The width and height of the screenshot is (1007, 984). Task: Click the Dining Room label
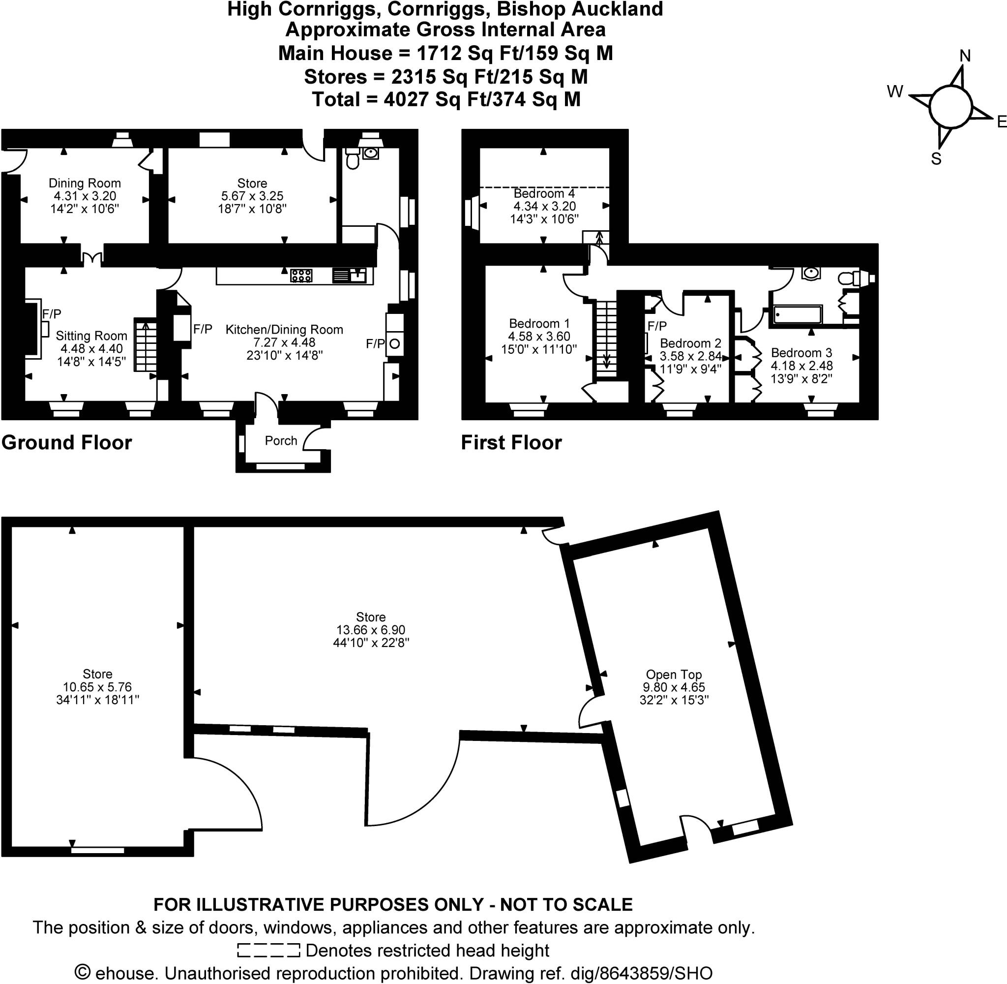point(85,183)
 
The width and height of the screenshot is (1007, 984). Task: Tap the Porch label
point(281,441)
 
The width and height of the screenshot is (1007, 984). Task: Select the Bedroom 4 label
point(544,193)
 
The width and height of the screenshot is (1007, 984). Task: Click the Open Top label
point(674,675)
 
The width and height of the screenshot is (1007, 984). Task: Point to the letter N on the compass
point(965,56)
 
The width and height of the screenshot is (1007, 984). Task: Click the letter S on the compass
point(936,158)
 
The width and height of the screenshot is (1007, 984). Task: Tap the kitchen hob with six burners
point(301,276)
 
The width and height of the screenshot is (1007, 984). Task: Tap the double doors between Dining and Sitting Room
point(92,257)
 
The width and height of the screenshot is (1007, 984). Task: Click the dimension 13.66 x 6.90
point(370,630)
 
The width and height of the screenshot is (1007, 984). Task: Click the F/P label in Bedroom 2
point(657,326)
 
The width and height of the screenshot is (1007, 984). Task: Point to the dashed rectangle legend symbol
point(268,951)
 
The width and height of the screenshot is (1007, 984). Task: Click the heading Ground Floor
point(66,443)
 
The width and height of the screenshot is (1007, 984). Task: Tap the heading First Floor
point(511,443)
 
